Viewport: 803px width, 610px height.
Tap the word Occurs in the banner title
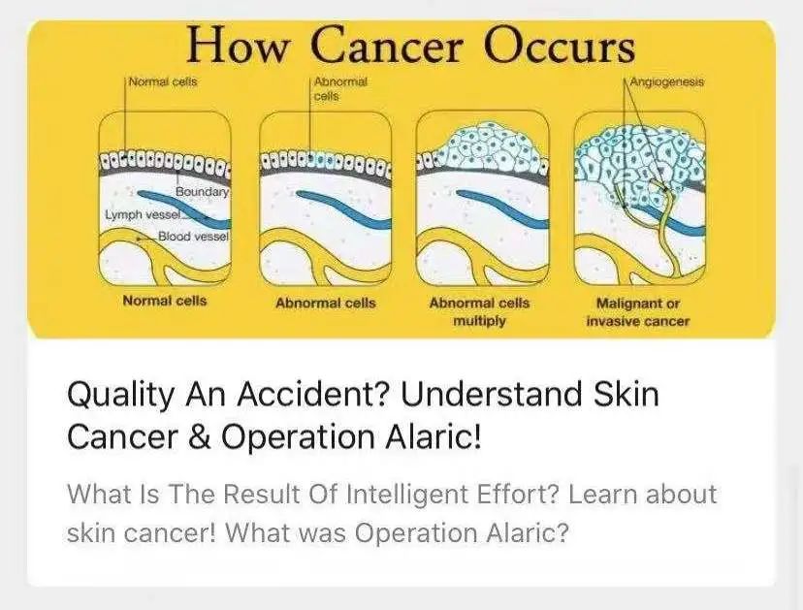[560, 45]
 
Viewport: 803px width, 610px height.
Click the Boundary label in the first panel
[202, 192]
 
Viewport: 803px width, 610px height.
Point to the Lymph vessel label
[143, 214]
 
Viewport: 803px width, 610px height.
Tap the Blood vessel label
[193, 236]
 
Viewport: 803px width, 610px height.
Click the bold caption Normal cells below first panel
[165, 301]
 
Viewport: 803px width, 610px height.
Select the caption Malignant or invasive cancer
[638, 312]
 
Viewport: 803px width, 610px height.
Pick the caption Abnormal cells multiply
[479, 312]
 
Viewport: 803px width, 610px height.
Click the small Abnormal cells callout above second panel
[340, 88]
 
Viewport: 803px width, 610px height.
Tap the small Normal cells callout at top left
[163, 82]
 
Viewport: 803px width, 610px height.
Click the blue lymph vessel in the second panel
[344, 209]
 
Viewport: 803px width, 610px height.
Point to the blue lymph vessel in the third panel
[502, 209]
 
